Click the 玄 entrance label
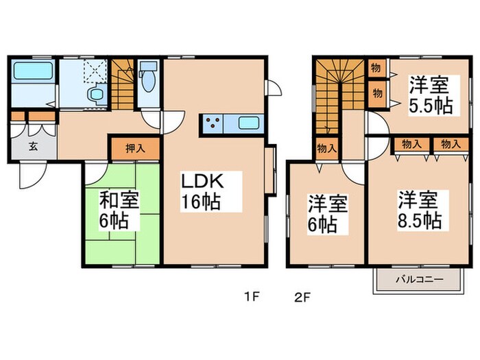point(33,145)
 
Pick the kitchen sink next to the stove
point(248,125)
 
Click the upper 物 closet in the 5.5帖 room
point(376,69)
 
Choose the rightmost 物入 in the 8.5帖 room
point(450,145)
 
